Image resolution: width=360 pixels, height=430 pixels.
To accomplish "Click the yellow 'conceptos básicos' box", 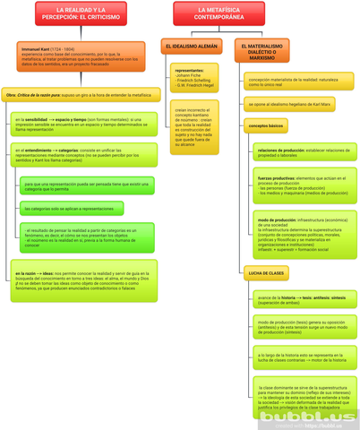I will [266, 126].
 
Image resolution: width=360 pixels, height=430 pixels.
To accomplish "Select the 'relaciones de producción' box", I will [301, 153].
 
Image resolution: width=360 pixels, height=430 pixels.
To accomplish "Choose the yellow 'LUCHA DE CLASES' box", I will [266, 272].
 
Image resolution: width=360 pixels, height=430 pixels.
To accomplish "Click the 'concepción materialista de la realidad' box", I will [293, 82].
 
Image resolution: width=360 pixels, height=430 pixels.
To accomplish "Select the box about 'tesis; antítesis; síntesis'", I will [301, 299].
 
